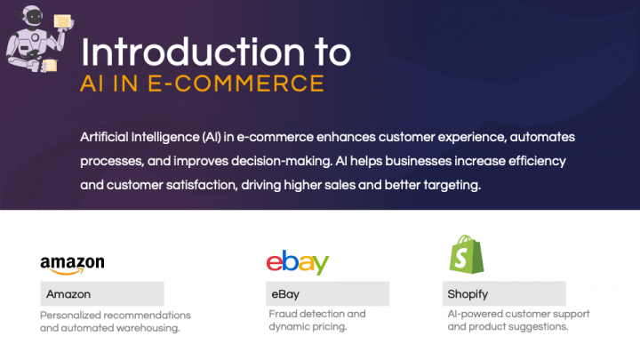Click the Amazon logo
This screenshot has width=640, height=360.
pos(72,265)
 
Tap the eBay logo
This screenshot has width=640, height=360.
pos(298,262)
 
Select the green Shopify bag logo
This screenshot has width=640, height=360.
pos(466,254)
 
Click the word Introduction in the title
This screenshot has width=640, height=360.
pos(193,52)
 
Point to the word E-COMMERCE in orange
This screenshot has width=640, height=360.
pos(236,84)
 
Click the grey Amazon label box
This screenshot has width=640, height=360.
pos(102,293)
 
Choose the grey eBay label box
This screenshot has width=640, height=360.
pos(327,293)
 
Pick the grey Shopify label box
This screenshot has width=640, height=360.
pos(504,293)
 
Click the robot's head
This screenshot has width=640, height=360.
pos(33,17)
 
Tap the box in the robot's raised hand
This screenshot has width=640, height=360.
pos(62,20)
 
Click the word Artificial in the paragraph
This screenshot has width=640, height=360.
pos(104,137)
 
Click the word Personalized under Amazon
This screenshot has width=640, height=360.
pos(71,316)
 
